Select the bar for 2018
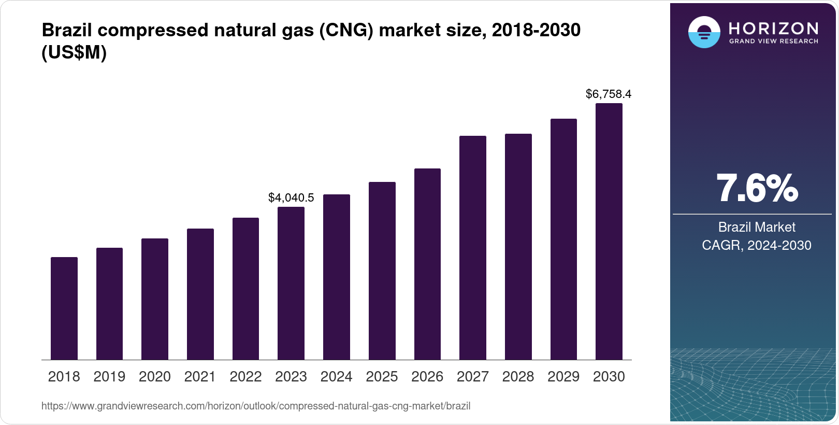pos(64,308)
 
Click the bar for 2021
pos(200,294)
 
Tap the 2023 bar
pos(291,283)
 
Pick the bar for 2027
pos(473,248)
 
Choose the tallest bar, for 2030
pos(609,231)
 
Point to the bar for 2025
pos(382,271)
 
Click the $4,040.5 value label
pos(291,197)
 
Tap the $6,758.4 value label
pos(609,94)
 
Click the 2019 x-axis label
pos(109,376)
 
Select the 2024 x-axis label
pos(337,376)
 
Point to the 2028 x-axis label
pos(518,376)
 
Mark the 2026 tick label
pos(427,376)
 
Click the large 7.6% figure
pos(757,188)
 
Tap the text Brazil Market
pos(757,227)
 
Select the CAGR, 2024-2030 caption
pos(757,245)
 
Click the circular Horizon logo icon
pos(704,32)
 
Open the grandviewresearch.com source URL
pos(256,406)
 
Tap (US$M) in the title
pos(74,52)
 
